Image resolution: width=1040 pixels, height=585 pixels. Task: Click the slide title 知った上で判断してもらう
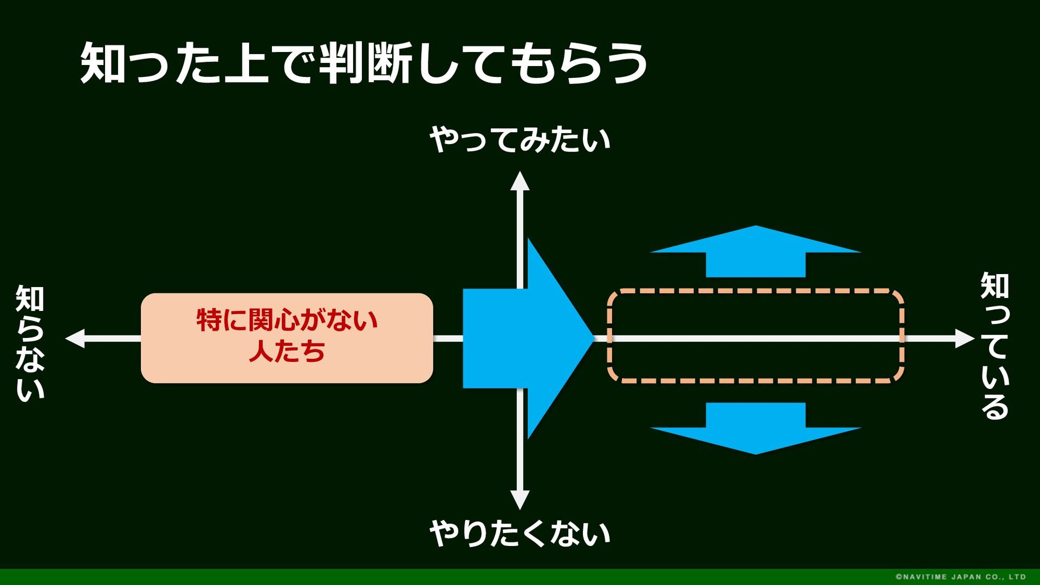[x=364, y=63]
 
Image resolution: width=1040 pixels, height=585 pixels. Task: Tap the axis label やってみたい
[x=520, y=140]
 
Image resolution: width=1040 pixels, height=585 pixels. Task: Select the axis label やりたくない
[x=520, y=533]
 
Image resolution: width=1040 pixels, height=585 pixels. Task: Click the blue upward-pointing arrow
[x=756, y=251]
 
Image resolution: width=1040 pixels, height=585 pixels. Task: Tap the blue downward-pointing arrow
[x=756, y=428]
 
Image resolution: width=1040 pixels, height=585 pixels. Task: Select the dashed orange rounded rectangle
[x=756, y=291]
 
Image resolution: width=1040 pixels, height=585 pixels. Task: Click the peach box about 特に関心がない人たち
[x=287, y=338]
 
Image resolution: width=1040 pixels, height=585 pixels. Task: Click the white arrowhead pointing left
[x=75, y=338]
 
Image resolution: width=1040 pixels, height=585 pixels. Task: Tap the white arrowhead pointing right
[x=965, y=338]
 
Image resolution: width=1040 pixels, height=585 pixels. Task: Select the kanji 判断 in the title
[x=366, y=63]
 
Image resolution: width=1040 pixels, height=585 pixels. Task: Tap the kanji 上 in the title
[x=247, y=63]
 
